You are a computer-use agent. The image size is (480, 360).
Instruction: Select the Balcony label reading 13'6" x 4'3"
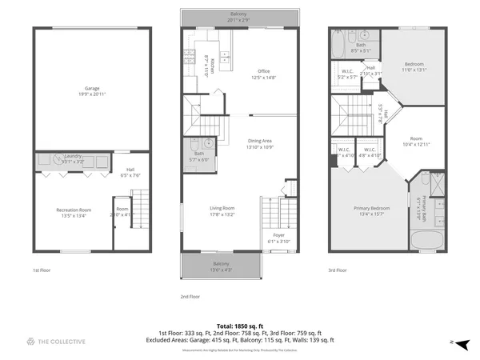pos(221,266)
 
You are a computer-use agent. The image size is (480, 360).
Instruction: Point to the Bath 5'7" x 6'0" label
pos(198,156)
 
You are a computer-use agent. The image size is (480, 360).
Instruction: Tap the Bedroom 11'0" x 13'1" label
pos(414,66)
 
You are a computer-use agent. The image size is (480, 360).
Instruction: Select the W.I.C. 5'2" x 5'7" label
pos(347,74)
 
